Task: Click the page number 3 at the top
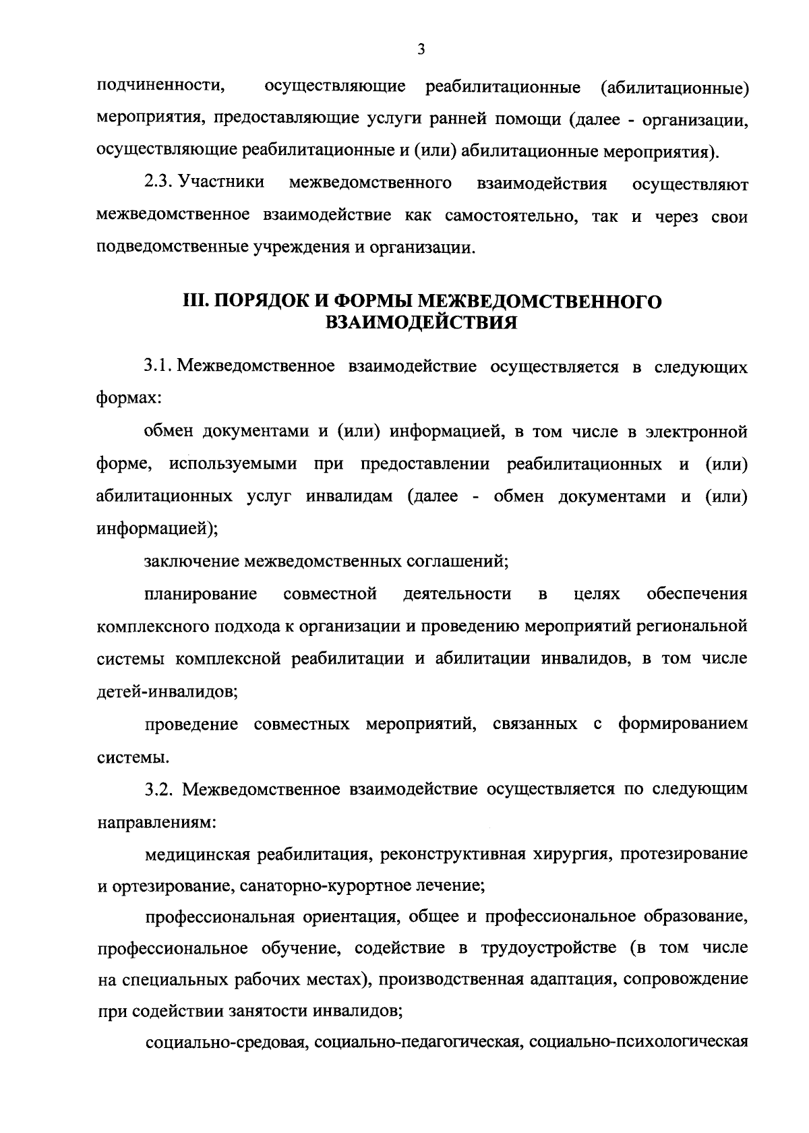tap(420, 49)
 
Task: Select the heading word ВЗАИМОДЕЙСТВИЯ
tap(421, 323)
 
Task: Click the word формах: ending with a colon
tap(129, 399)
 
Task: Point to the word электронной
tap(694, 431)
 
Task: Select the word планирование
tap(200, 593)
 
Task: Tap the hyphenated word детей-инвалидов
tap(166, 691)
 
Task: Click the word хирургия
tap(570, 854)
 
